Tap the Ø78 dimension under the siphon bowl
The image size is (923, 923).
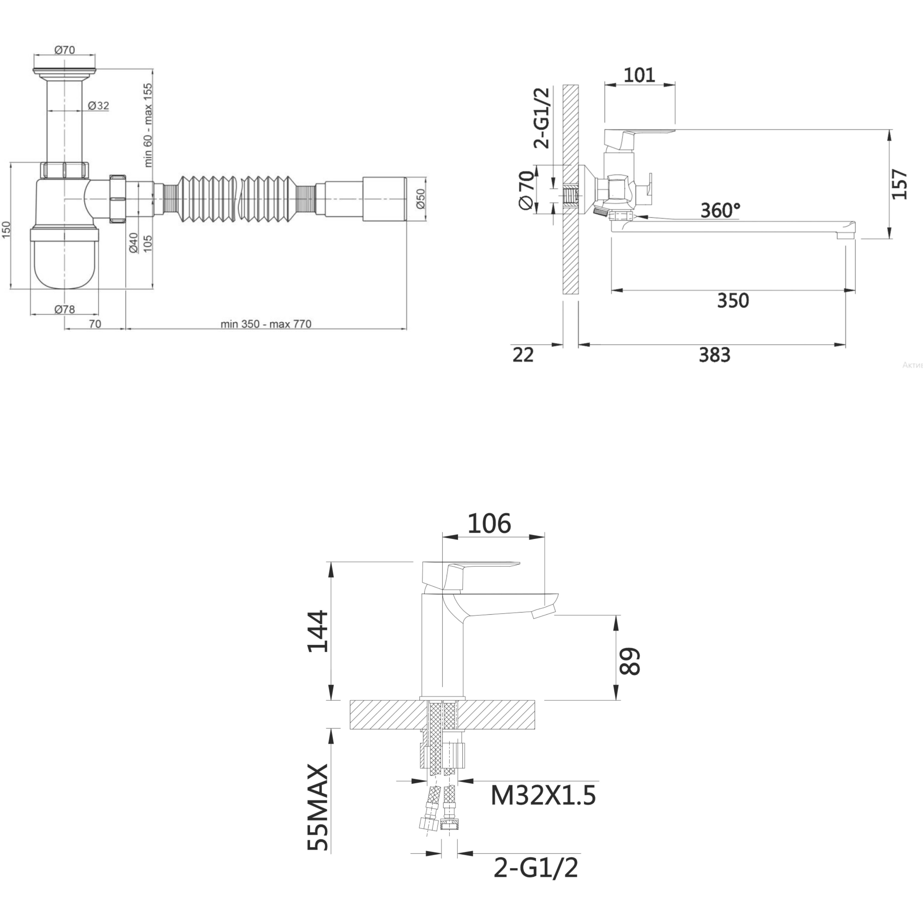64,309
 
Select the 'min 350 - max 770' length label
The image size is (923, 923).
266,324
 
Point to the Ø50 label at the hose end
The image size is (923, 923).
420,198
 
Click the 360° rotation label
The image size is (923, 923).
720,210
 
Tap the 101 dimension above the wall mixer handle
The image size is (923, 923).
639,75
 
